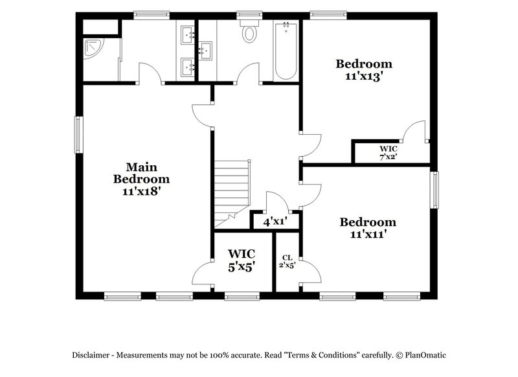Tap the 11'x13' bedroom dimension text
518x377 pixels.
pyautogui.click(x=363, y=75)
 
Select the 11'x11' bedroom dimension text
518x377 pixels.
pyautogui.click(x=368, y=234)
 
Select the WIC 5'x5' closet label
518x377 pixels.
pyautogui.click(x=241, y=259)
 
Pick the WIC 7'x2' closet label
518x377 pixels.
pyautogui.click(x=388, y=152)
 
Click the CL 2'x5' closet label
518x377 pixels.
pyautogui.click(x=287, y=261)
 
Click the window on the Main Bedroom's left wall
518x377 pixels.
pyautogui.click(x=78, y=135)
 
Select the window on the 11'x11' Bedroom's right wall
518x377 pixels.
pyautogui.click(x=435, y=192)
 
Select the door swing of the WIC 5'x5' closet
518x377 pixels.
pyautogui.click(x=204, y=273)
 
